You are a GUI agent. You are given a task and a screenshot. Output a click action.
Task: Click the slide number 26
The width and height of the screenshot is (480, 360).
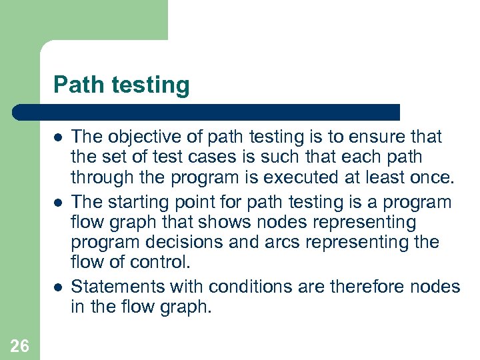click(19, 345)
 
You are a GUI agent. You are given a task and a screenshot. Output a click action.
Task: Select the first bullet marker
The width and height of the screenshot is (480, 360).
click(58, 137)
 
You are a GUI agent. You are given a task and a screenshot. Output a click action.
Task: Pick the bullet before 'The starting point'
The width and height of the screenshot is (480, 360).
click(58, 202)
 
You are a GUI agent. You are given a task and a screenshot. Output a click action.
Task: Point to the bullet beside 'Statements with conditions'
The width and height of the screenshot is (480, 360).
click(58, 287)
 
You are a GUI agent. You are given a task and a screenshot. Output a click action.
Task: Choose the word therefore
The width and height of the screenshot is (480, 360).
click(367, 287)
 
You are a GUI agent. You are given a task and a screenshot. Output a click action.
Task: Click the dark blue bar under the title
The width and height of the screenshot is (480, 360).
click(207, 112)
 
